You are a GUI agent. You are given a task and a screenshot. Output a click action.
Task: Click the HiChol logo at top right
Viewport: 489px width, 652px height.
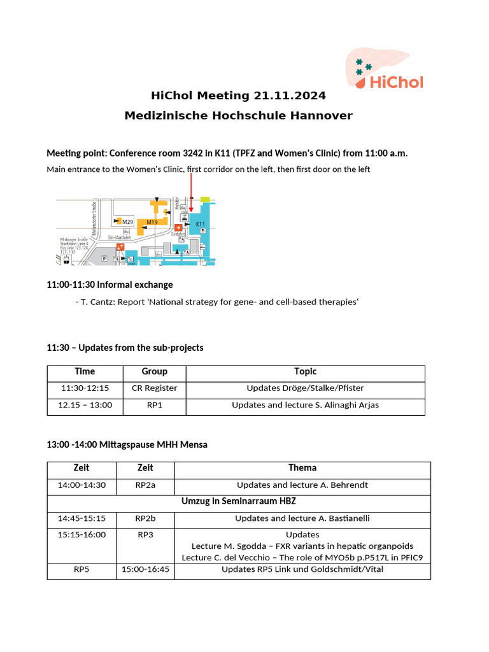coord(385,69)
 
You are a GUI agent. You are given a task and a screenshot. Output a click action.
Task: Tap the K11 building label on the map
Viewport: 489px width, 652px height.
coord(200,224)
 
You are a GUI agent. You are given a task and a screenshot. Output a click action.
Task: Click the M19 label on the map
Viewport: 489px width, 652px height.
coord(152,222)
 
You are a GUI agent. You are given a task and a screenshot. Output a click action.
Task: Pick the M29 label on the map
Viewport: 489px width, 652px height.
coord(127,222)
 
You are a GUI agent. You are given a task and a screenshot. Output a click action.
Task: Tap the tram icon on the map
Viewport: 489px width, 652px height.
coord(59,259)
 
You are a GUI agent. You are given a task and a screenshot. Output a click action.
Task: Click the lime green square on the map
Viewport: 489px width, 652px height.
coord(204,200)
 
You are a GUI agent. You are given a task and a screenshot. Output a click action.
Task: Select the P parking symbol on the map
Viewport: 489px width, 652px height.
coord(105,259)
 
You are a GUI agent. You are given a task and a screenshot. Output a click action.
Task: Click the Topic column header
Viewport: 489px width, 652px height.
coord(305,372)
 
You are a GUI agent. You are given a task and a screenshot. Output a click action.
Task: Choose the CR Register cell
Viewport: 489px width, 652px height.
coord(154,388)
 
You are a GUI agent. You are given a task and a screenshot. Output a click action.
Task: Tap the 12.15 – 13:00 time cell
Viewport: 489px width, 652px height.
coord(85,405)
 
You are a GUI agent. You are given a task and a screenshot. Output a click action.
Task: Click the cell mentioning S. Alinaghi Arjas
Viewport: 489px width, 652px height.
coord(305,405)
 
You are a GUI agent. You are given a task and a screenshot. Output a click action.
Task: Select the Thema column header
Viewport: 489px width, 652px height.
coord(302,468)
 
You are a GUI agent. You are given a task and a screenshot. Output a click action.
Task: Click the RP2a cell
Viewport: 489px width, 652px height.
coord(145,485)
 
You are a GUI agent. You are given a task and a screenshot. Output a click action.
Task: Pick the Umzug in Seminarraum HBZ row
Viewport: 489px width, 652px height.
coord(238,502)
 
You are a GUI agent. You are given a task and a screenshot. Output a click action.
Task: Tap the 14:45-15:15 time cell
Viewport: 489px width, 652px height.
coord(81,518)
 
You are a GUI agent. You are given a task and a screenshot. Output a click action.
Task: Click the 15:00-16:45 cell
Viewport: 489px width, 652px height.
coord(145,569)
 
